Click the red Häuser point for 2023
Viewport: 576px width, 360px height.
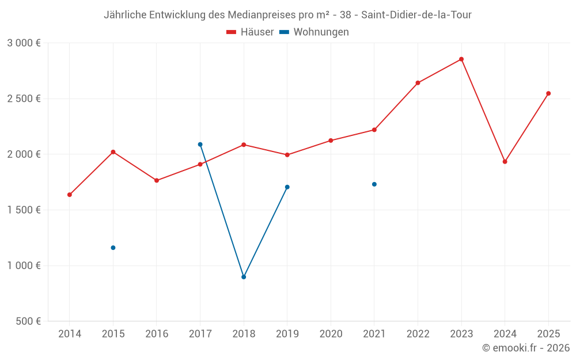461,59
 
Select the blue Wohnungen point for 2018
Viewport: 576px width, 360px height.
244,277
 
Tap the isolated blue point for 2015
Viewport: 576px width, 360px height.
113,248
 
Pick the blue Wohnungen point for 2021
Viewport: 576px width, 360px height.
374,184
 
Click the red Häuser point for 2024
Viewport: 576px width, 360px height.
505,162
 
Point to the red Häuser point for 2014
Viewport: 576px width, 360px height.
70,195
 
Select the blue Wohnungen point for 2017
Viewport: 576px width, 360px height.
200,145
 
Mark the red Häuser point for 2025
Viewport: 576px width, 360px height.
548,93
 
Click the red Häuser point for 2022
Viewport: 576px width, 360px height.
418,83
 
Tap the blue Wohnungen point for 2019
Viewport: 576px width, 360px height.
287,187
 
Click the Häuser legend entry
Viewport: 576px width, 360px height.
251,32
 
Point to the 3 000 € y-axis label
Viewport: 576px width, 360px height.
24,43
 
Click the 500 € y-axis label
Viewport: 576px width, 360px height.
28,321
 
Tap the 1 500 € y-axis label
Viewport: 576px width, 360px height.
24,210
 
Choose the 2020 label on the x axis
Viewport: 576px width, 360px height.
331,334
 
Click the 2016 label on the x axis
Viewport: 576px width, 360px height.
157,334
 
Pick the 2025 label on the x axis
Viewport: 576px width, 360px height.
548,334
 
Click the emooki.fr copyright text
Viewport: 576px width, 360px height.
525,348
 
